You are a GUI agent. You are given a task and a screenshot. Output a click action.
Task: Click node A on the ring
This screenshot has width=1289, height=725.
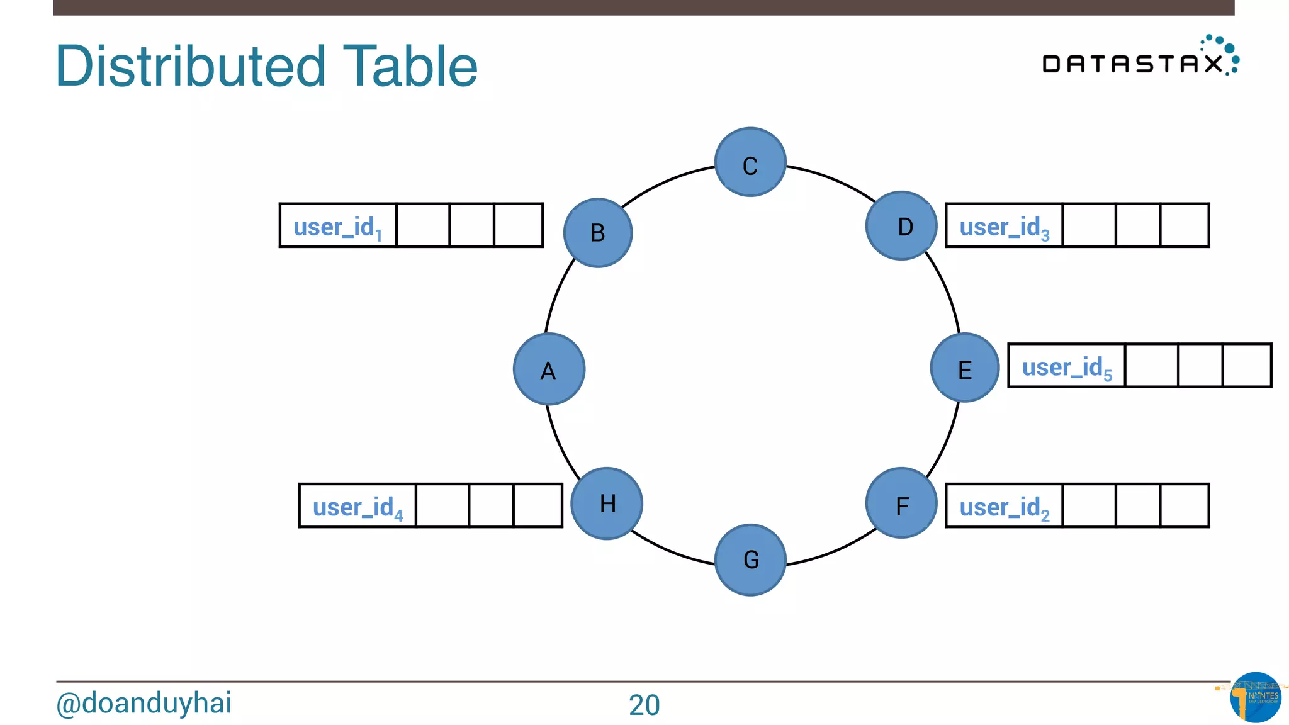[549, 369]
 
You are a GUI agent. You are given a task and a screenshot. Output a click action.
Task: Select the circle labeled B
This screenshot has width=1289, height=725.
[598, 233]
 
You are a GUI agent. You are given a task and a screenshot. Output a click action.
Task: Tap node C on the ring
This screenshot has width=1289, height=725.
[750, 162]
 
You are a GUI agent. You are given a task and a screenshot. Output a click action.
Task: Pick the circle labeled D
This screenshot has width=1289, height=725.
[901, 225]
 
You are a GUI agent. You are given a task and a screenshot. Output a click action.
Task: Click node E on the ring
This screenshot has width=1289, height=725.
[965, 368]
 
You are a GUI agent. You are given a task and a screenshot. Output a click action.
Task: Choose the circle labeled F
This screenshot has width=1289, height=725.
[901, 503]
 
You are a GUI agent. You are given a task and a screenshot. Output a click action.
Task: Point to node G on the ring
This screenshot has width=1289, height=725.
[750, 559]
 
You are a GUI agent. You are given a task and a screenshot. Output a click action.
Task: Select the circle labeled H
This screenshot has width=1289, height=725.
[607, 503]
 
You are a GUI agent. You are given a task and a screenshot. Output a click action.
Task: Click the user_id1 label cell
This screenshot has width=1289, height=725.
[338, 225]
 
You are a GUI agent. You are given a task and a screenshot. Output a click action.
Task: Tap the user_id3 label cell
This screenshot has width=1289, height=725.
[1004, 225]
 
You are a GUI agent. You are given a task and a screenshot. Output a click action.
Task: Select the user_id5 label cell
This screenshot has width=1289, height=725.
[1066, 366]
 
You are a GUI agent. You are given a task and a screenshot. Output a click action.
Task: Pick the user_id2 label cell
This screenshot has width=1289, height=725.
[1004, 505]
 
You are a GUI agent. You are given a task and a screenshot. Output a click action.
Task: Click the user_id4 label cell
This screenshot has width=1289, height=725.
[357, 505]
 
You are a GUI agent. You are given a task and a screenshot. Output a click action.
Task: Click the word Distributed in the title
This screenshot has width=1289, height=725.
[191, 66]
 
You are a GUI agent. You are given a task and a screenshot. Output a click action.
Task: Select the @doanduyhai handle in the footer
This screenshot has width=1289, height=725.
[144, 703]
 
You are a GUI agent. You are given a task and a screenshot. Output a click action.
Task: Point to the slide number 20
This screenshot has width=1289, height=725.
[644, 705]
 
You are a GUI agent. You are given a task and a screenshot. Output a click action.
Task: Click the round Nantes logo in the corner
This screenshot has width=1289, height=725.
[1255, 697]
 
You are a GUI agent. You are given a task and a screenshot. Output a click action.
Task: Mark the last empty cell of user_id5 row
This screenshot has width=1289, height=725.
[1246, 366]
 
